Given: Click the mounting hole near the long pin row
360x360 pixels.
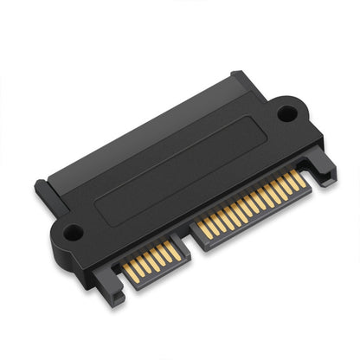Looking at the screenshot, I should tap(286, 112).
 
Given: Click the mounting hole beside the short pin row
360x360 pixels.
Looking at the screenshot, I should tap(72, 232).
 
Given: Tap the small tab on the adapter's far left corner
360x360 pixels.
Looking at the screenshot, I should tap(41, 189).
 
